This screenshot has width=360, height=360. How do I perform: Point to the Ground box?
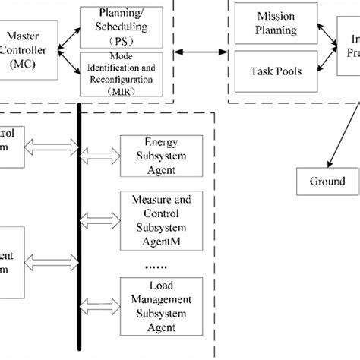click(327, 182)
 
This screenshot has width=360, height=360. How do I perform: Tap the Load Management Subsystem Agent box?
click(161, 305)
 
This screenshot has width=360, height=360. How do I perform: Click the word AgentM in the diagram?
click(161, 244)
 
